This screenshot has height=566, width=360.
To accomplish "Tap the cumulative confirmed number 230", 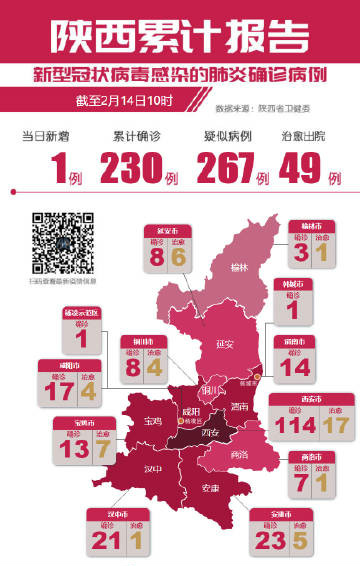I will (136, 169).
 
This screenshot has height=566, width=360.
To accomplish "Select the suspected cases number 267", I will (226, 169).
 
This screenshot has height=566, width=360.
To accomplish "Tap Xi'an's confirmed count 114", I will (294, 424).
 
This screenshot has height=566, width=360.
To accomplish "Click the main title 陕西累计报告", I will (180, 33).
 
